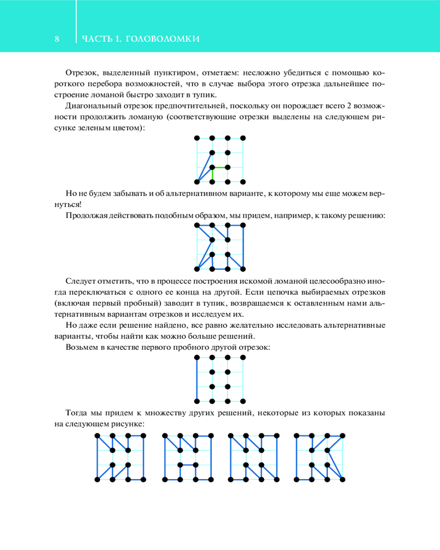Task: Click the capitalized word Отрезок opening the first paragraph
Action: (x=81, y=73)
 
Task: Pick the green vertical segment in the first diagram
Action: (x=212, y=174)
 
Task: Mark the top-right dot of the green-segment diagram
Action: (x=243, y=137)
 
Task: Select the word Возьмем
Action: (x=82, y=347)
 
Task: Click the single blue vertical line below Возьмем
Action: (x=197, y=379)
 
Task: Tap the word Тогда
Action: (x=76, y=413)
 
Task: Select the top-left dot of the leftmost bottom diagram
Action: (x=97, y=436)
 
